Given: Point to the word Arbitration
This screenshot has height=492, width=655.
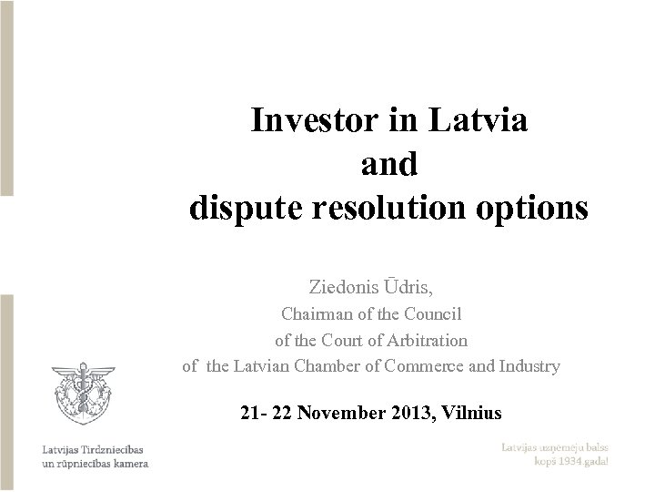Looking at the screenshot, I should (x=424, y=341).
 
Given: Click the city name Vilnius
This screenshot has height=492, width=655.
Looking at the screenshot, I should (x=469, y=413).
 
